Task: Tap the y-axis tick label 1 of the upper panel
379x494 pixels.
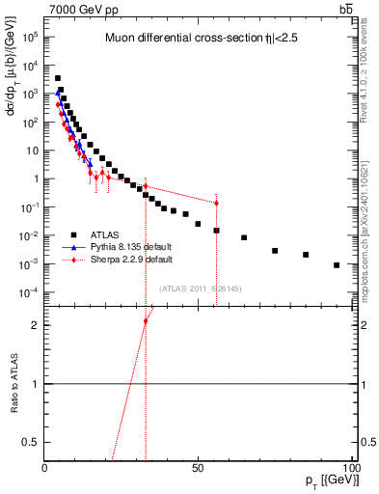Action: point(35,178)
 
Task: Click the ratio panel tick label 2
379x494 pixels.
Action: point(34,325)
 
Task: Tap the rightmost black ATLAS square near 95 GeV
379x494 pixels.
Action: point(337,265)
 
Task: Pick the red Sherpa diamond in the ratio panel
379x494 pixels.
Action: point(146,320)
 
